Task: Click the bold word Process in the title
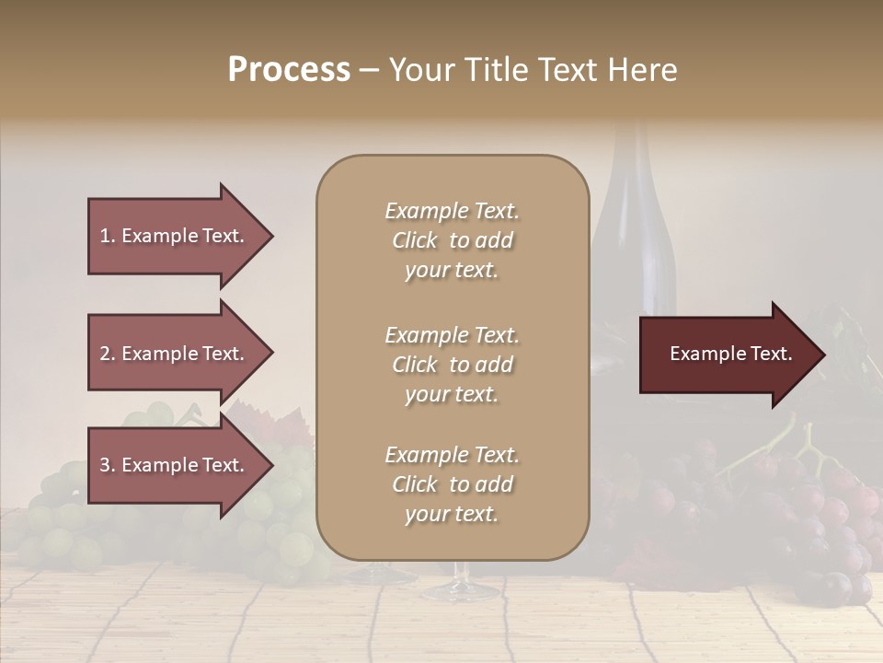click(x=289, y=69)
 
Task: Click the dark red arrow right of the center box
click(x=717, y=355)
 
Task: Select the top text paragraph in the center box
click(x=452, y=240)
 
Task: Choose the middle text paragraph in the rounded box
click(x=452, y=365)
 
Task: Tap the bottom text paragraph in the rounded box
click(x=452, y=484)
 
